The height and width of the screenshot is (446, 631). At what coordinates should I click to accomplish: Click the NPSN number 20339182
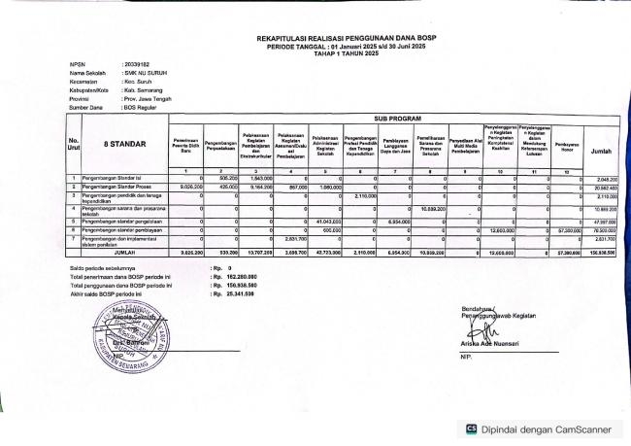tap(137, 65)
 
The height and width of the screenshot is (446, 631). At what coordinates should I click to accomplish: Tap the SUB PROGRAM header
tap(395, 114)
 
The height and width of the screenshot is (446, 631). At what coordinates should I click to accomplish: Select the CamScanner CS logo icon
tap(473, 428)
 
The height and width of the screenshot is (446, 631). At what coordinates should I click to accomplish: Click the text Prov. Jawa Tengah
tap(153, 99)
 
